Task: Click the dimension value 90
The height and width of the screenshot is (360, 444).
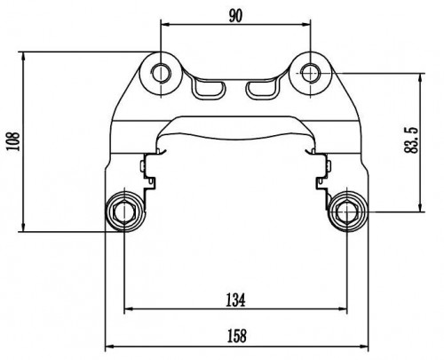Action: coord(235,16)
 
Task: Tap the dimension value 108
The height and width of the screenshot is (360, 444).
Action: coord(13,141)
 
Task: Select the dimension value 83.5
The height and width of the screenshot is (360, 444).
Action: coord(411,140)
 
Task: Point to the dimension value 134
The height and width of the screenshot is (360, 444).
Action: coord(236,300)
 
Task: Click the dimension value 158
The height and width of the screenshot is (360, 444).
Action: coord(236,336)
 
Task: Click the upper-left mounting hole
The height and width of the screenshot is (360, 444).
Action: coord(161,72)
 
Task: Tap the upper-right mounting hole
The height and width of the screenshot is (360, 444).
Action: coord(311,72)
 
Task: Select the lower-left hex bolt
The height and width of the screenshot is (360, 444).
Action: coord(124,212)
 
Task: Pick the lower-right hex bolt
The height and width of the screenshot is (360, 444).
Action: coord(347,212)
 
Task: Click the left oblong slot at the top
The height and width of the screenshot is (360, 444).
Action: coord(209,89)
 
